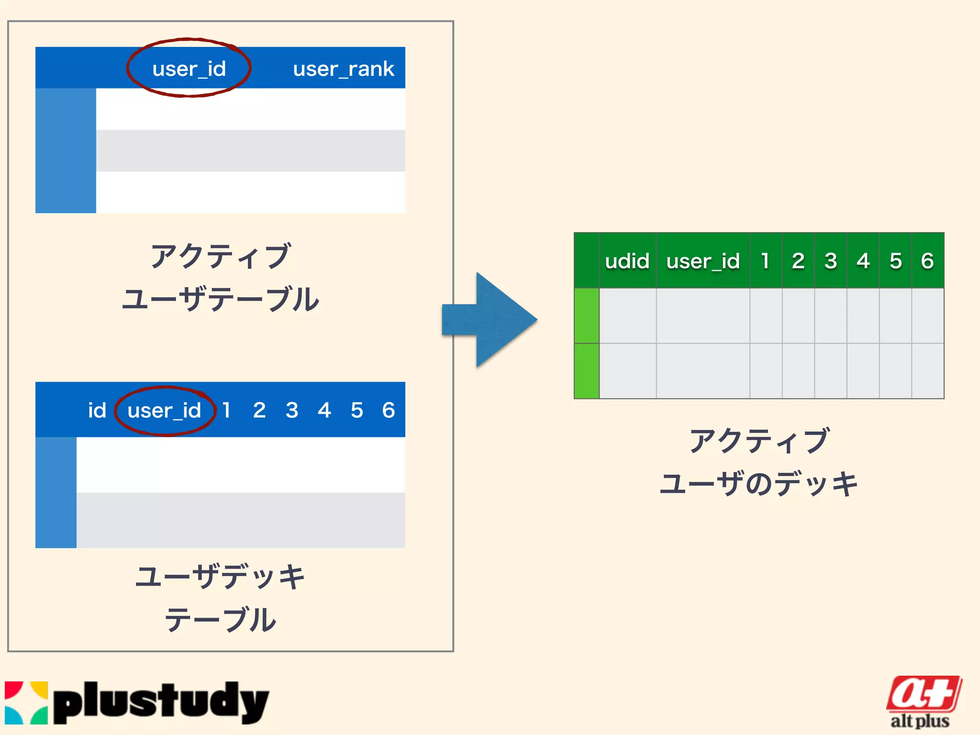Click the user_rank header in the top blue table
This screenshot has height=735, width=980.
pyautogui.click(x=344, y=69)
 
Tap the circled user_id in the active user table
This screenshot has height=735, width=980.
pyautogui.click(x=189, y=68)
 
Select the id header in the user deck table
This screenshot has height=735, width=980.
pyautogui.click(x=97, y=411)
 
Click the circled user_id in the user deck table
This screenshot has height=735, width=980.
pyautogui.click(x=164, y=411)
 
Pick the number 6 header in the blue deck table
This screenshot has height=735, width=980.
pyautogui.click(x=388, y=410)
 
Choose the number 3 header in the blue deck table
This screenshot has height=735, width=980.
pyautogui.click(x=292, y=410)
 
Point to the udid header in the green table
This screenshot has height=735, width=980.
pyautogui.click(x=627, y=261)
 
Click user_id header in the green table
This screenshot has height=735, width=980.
pyautogui.click(x=702, y=261)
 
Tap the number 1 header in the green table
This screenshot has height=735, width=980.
pyautogui.click(x=765, y=261)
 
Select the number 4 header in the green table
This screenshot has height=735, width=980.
pyautogui.click(x=863, y=261)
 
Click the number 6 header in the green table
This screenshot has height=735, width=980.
pyautogui.click(x=927, y=261)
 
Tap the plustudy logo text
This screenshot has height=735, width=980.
pyautogui.click(x=161, y=702)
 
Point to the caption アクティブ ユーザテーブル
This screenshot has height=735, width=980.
pyautogui.click(x=220, y=278)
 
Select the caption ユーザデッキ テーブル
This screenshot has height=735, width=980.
pyautogui.click(x=220, y=598)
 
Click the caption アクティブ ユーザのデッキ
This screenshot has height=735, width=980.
pyautogui.click(x=758, y=462)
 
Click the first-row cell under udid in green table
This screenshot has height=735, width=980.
pyautogui.click(x=627, y=315)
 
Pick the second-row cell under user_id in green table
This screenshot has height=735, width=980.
pyautogui.click(x=702, y=371)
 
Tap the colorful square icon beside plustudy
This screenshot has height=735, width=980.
pyautogui.click(x=26, y=702)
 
